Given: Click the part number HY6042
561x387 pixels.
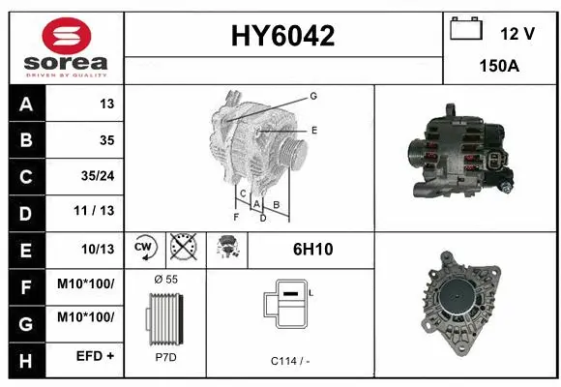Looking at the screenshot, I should click(282, 37).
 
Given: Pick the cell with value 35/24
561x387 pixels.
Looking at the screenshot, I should click(96, 177).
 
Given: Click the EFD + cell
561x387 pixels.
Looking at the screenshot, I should click(97, 356).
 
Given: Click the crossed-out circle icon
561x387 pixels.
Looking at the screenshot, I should click(182, 249).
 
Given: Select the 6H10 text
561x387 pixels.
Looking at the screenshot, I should click(312, 250).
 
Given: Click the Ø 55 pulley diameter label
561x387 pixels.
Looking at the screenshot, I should click(165, 279).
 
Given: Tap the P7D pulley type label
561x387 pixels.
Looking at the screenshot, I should click(165, 358).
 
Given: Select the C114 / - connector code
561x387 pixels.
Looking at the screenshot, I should click(290, 360).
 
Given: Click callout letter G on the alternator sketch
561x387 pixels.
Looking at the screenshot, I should click(313, 96).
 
